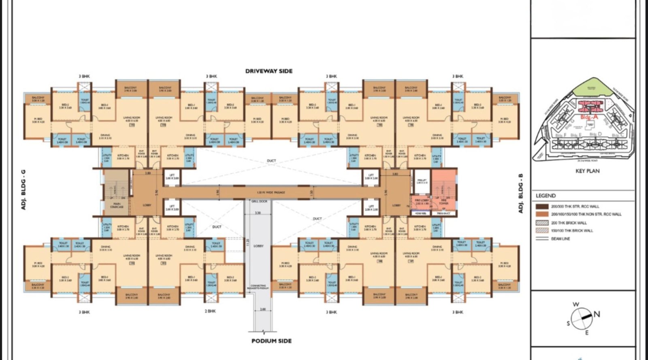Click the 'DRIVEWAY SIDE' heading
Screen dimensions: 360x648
[x=269, y=71]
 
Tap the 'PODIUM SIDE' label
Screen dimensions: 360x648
[x=271, y=341]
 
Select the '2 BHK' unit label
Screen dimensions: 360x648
[x=210, y=311]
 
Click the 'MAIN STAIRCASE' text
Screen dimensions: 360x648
[x=117, y=205]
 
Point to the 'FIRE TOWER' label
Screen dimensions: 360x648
[x=444, y=201]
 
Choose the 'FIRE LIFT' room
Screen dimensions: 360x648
[x=422, y=181]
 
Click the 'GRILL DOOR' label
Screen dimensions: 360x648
[x=259, y=201]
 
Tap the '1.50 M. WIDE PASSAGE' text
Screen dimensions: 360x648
[x=271, y=192]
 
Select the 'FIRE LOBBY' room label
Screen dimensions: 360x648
[x=422, y=201]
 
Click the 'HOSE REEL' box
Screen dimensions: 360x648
[x=421, y=213]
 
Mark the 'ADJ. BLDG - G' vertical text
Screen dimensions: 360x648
[x=23, y=190]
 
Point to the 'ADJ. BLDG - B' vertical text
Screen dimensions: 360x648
[x=520, y=194]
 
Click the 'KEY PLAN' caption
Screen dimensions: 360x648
[x=587, y=171]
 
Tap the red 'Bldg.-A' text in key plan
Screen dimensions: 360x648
[x=589, y=117]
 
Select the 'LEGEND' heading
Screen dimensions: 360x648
[x=546, y=196]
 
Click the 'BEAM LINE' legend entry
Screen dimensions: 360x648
[x=560, y=239]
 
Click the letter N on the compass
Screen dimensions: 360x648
[x=597, y=314]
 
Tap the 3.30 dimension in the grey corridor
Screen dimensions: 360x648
[x=258, y=212]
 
